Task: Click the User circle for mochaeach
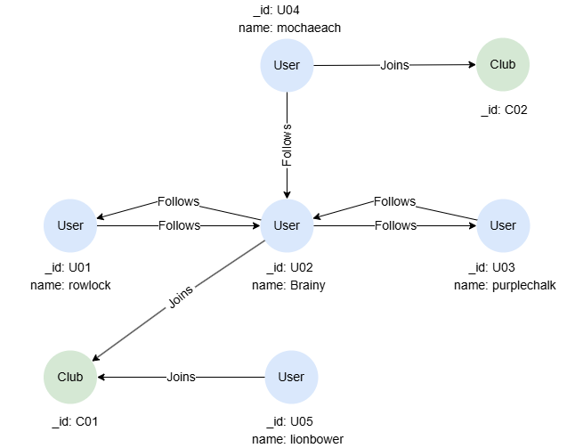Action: click(x=287, y=65)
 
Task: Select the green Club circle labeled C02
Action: click(x=509, y=65)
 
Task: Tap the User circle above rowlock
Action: click(x=70, y=225)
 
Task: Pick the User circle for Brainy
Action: click(x=287, y=225)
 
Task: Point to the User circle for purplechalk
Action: click(x=503, y=225)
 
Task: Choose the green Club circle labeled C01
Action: click(x=70, y=377)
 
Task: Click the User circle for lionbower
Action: click(x=291, y=377)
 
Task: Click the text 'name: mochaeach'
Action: click(x=289, y=28)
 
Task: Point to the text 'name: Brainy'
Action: click(x=288, y=285)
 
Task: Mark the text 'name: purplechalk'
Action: click(x=505, y=285)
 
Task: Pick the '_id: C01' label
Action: click(x=73, y=421)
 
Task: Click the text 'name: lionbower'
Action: click(x=297, y=438)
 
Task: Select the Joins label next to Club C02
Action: click(x=394, y=65)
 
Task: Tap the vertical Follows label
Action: click(x=287, y=145)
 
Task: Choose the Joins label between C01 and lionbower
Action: click(x=181, y=377)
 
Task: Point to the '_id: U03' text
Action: click(x=490, y=268)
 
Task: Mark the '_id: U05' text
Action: click(x=289, y=421)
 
